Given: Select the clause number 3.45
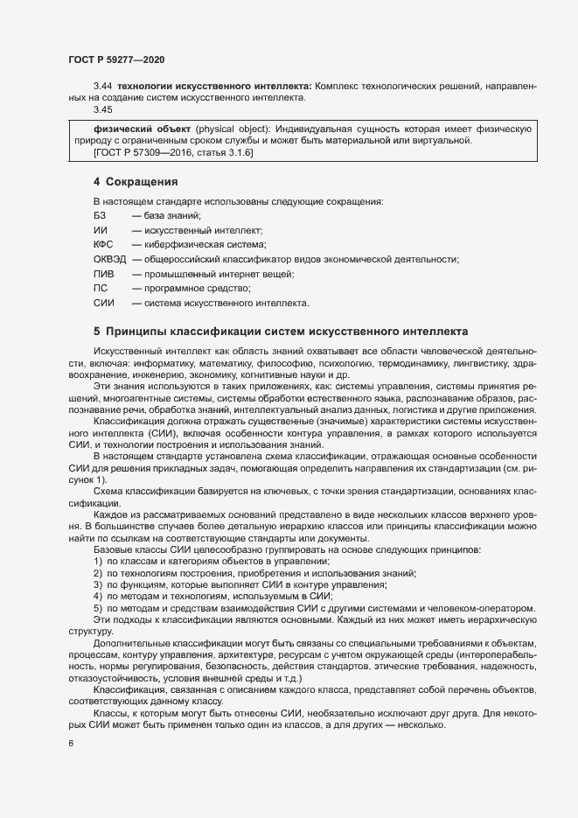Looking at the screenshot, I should [103, 109].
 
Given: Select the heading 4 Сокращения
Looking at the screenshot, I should [136, 183].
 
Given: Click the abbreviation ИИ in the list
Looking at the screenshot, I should [100, 229].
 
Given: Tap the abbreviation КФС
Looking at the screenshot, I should [103, 244].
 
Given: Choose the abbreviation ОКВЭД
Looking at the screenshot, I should [109, 259].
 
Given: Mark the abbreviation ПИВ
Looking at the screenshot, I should [103, 274].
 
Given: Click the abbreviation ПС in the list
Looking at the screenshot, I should [100, 288].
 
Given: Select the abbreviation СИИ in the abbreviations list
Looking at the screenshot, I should [103, 303].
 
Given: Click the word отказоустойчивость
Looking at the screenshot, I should [108, 677].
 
